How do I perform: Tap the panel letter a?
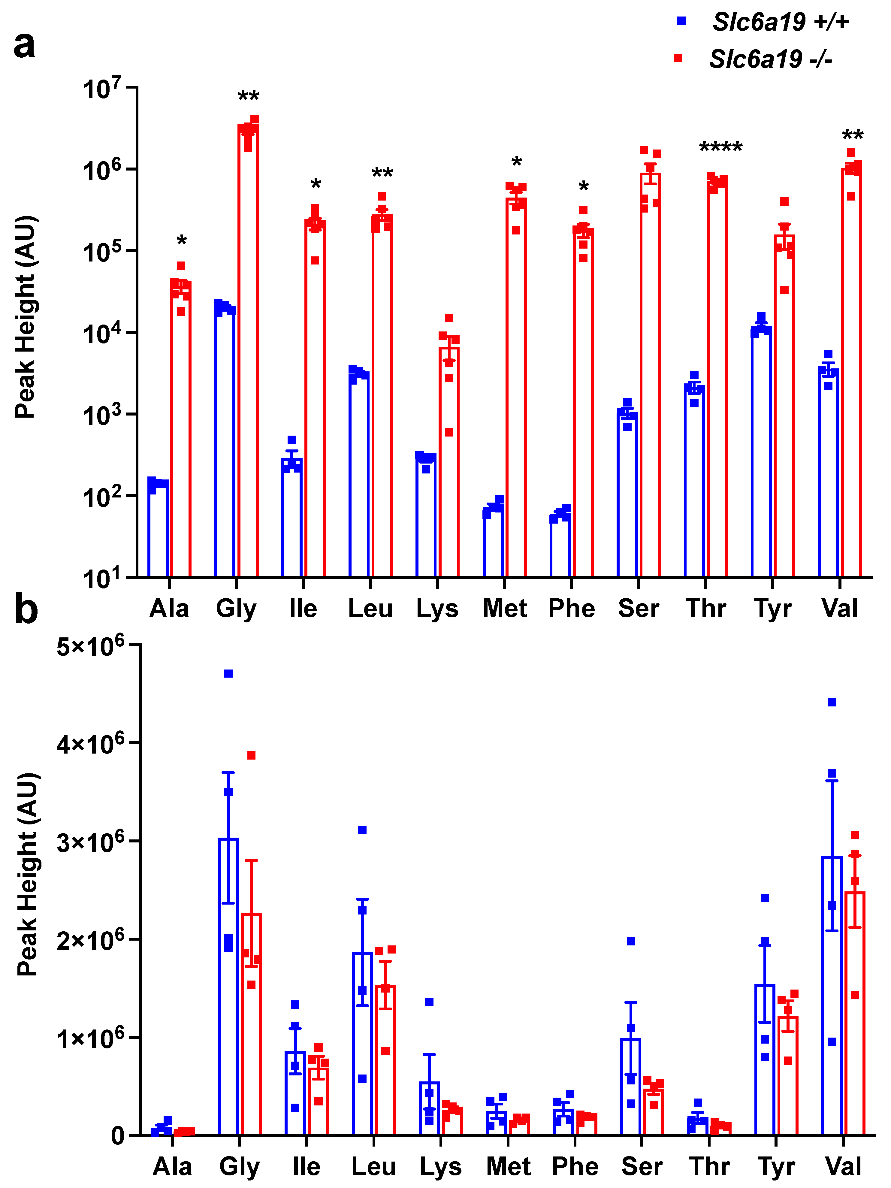[x=24, y=45]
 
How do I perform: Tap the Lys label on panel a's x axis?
[x=437, y=609]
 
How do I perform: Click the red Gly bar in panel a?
[x=248, y=349]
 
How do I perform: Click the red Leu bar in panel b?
[x=385, y=1058]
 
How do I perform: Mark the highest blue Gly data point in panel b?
[x=228, y=673]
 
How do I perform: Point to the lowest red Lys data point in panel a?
[x=449, y=432]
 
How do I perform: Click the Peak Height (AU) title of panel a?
[x=25, y=317]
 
